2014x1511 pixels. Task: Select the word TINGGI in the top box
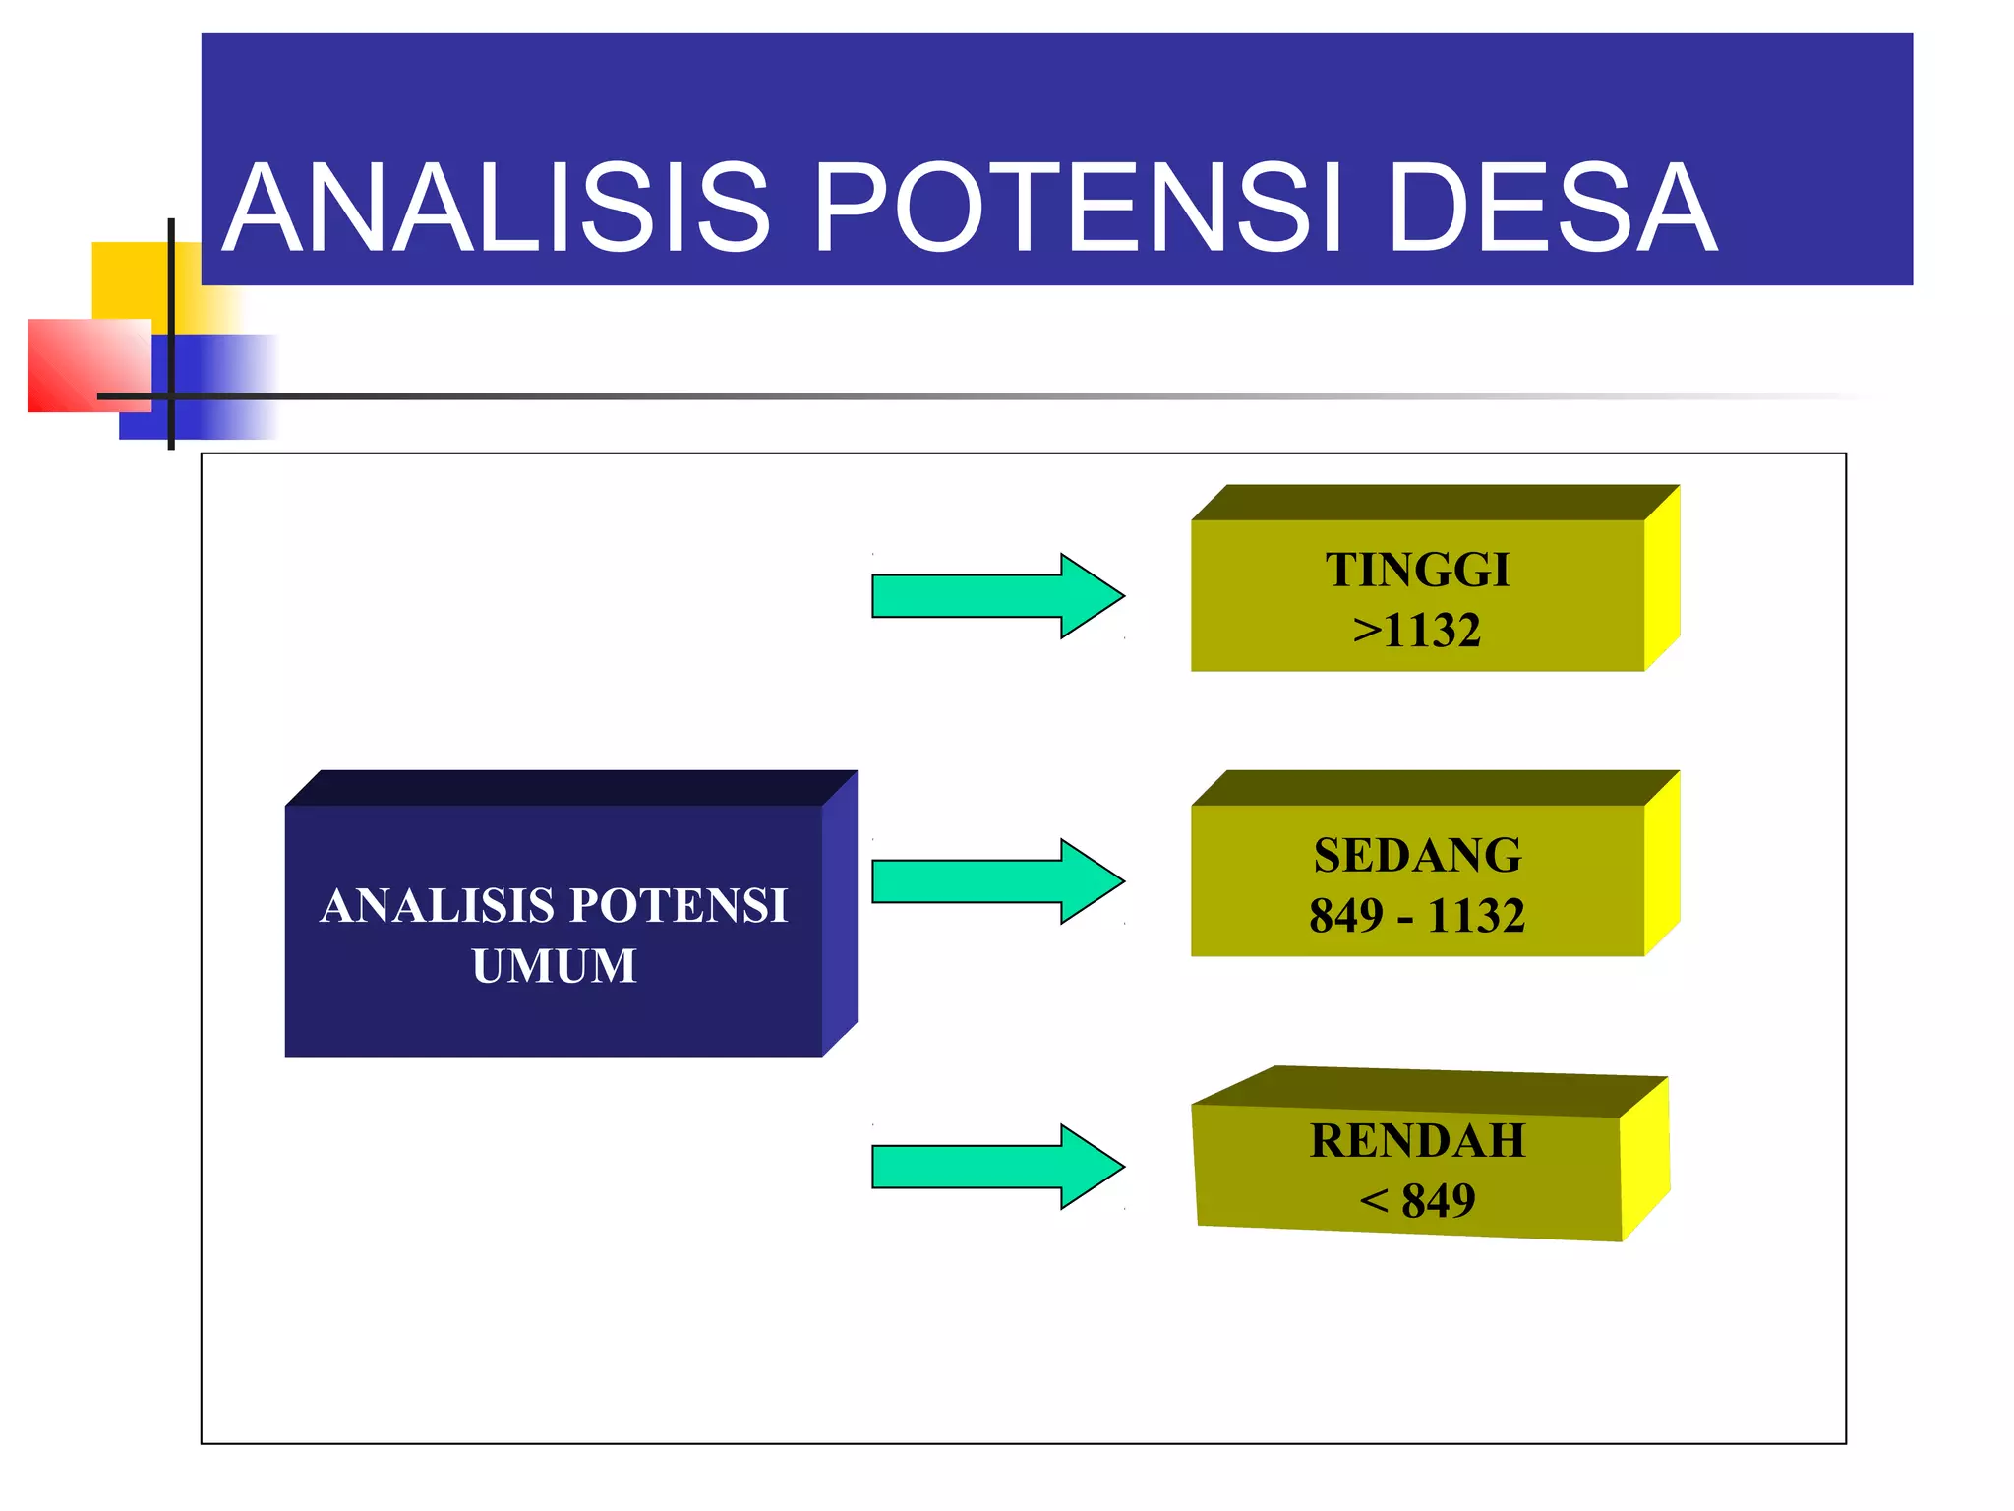tap(1417, 571)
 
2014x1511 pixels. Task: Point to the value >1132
tap(1417, 631)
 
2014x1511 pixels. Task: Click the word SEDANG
tap(1417, 856)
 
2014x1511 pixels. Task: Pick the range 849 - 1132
tap(1417, 916)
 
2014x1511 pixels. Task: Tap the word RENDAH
tap(1417, 1141)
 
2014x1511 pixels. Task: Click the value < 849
tap(1417, 1201)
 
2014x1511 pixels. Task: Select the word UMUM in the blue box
tap(554, 966)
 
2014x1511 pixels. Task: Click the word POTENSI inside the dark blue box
tap(679, 906)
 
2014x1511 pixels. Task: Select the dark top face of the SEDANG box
tap(1426, 788)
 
